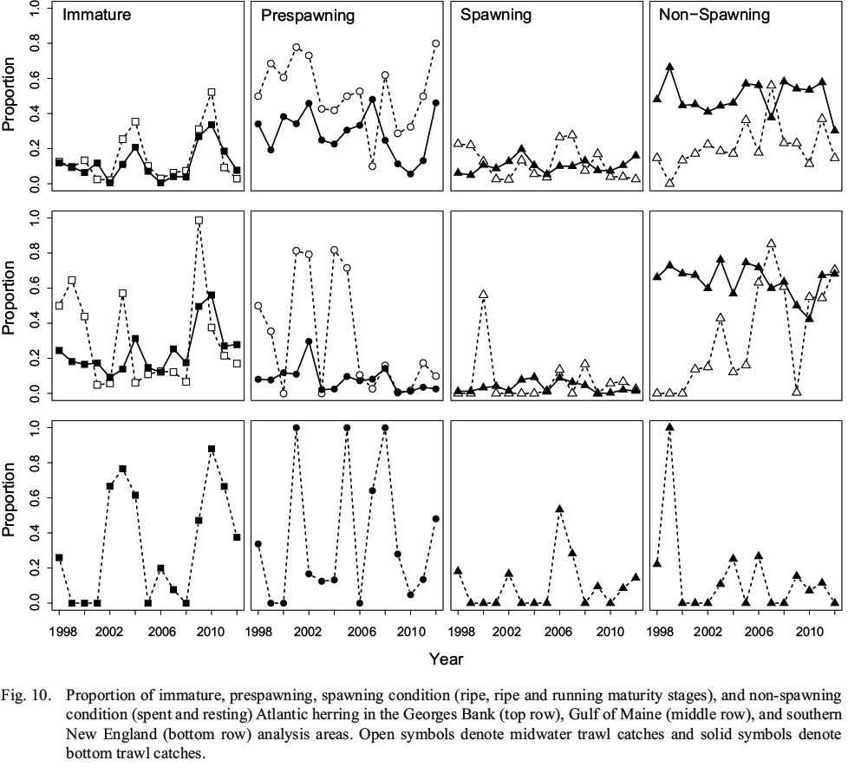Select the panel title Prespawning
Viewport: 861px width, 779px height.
click(x=301, y=16)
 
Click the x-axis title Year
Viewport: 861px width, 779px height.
click(x=446, y=659)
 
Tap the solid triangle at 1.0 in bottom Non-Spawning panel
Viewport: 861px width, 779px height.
click(x=669, y=427)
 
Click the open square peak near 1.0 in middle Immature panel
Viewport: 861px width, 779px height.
click(x=199, y=220)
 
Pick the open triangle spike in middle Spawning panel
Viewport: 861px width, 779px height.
click(x=483, y=295)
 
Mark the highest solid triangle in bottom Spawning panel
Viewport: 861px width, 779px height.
click(x=559, y=510)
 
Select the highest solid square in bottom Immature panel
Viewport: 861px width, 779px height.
click(x=212, y=449)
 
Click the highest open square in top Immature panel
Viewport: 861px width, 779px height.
click(x=212, y=92)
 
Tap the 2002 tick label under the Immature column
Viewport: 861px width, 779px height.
click(x=110, y=628)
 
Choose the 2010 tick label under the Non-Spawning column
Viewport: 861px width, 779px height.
click(x=810, y=628)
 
